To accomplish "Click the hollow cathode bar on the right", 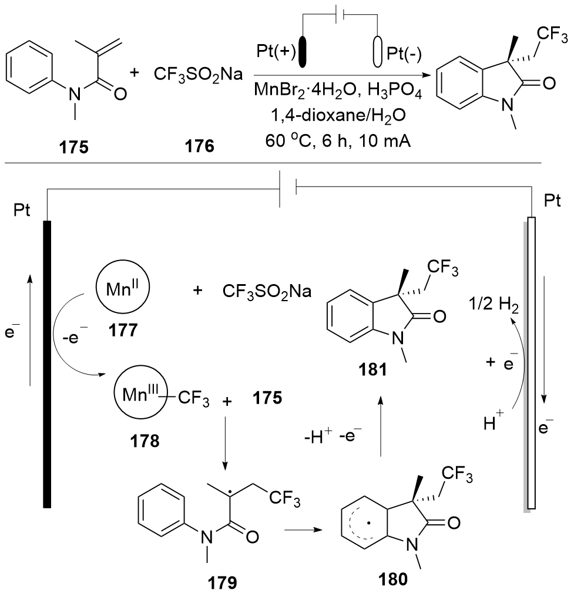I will [x=531, y=362].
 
